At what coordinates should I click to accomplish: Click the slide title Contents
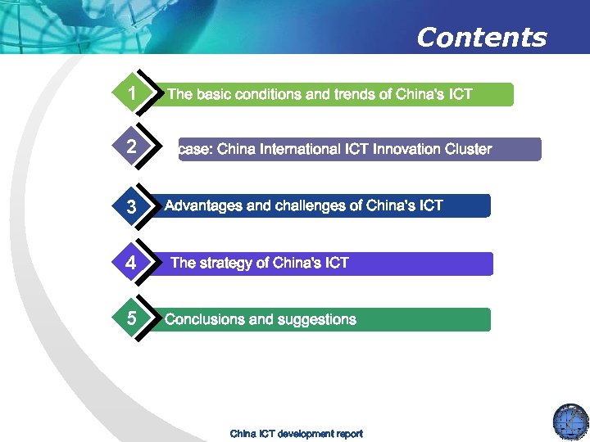pos(481,38)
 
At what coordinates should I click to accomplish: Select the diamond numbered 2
pos(132,149)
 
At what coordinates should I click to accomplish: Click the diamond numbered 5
pos(132,318)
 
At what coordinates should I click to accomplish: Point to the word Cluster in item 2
pos(465,149)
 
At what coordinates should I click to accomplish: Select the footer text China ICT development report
pos(296,433)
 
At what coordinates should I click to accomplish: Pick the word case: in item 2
pos(195,149)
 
